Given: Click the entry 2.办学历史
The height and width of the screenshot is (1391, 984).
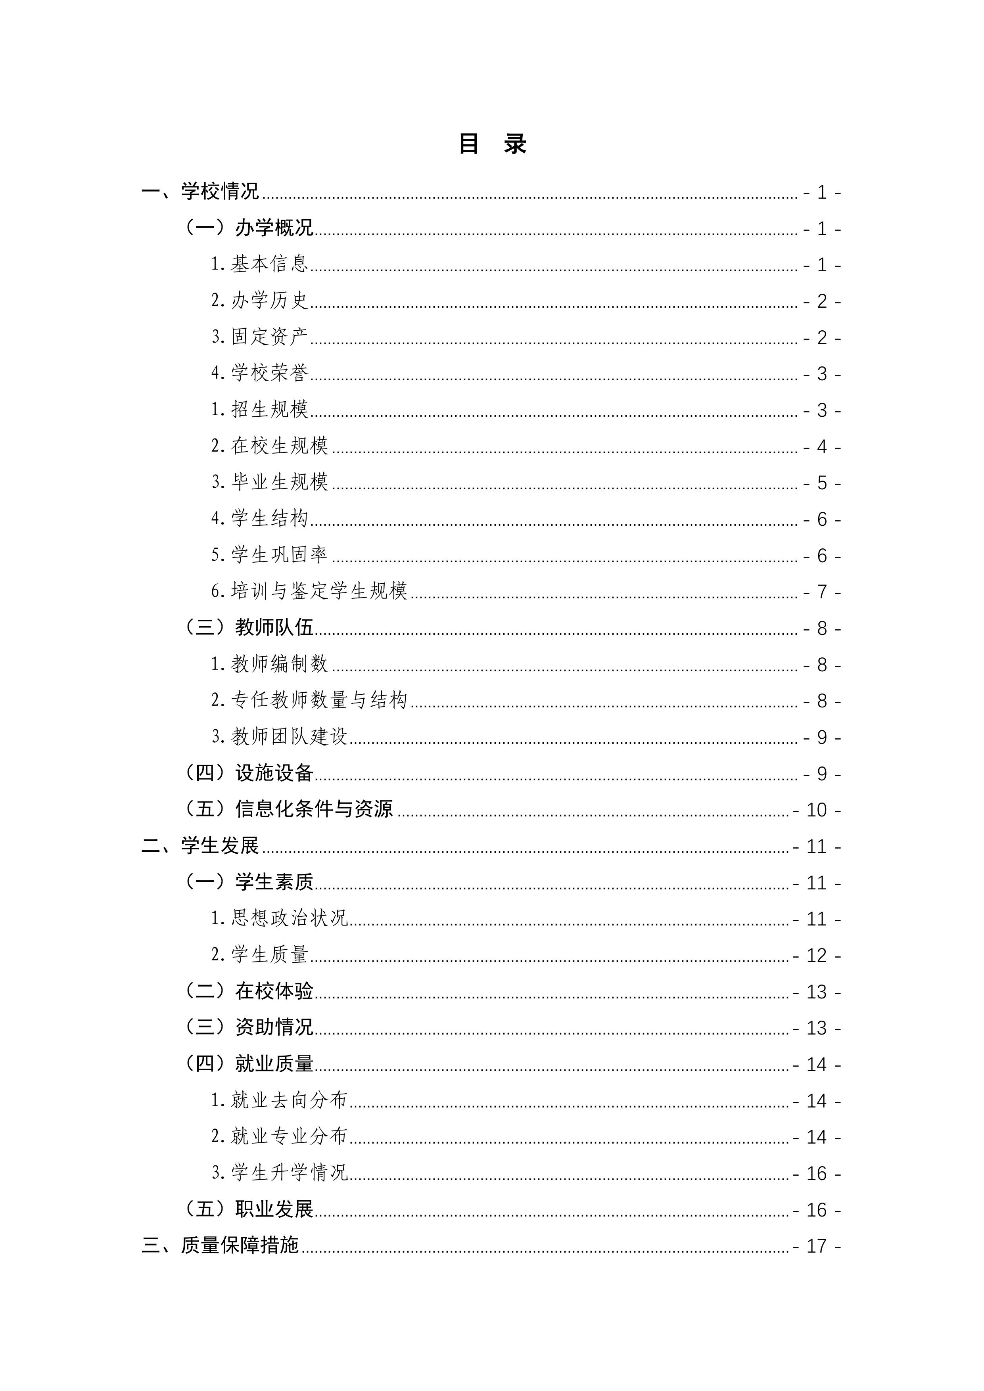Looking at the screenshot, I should [259, 301].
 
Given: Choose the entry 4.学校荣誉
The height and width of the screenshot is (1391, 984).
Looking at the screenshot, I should [259, 373].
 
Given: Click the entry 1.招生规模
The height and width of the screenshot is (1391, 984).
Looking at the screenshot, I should [259, 410].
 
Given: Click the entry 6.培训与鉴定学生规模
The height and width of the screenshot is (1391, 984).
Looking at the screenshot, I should [309, 591].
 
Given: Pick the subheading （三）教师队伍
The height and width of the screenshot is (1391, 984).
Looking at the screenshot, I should [248, 628].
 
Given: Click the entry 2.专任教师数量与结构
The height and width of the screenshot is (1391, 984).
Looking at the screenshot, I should [309, 700].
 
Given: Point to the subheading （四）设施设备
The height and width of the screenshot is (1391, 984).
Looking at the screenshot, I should [248, 773].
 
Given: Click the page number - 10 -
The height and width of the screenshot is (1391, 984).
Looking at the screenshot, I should [816, 810].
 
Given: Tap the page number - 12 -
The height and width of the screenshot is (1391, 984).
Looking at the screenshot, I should [816, 955].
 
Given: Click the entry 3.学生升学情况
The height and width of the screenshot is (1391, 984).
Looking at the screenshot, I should [279, 1173].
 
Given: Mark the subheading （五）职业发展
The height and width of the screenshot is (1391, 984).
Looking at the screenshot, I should [248, 1209].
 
